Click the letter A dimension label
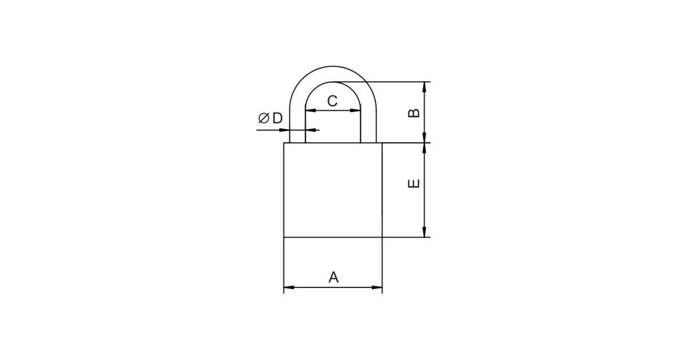coord(333,277)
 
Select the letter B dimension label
coord(414,113)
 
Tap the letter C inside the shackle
coord(332,101)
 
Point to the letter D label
coord(277,118)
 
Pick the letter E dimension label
coord(414,183)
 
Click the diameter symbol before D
coord(264,118)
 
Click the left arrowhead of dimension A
coord(289,287)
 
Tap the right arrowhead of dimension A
coord(377,287)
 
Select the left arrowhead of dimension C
coord(310,110)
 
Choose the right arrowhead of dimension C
coord(355,110)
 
